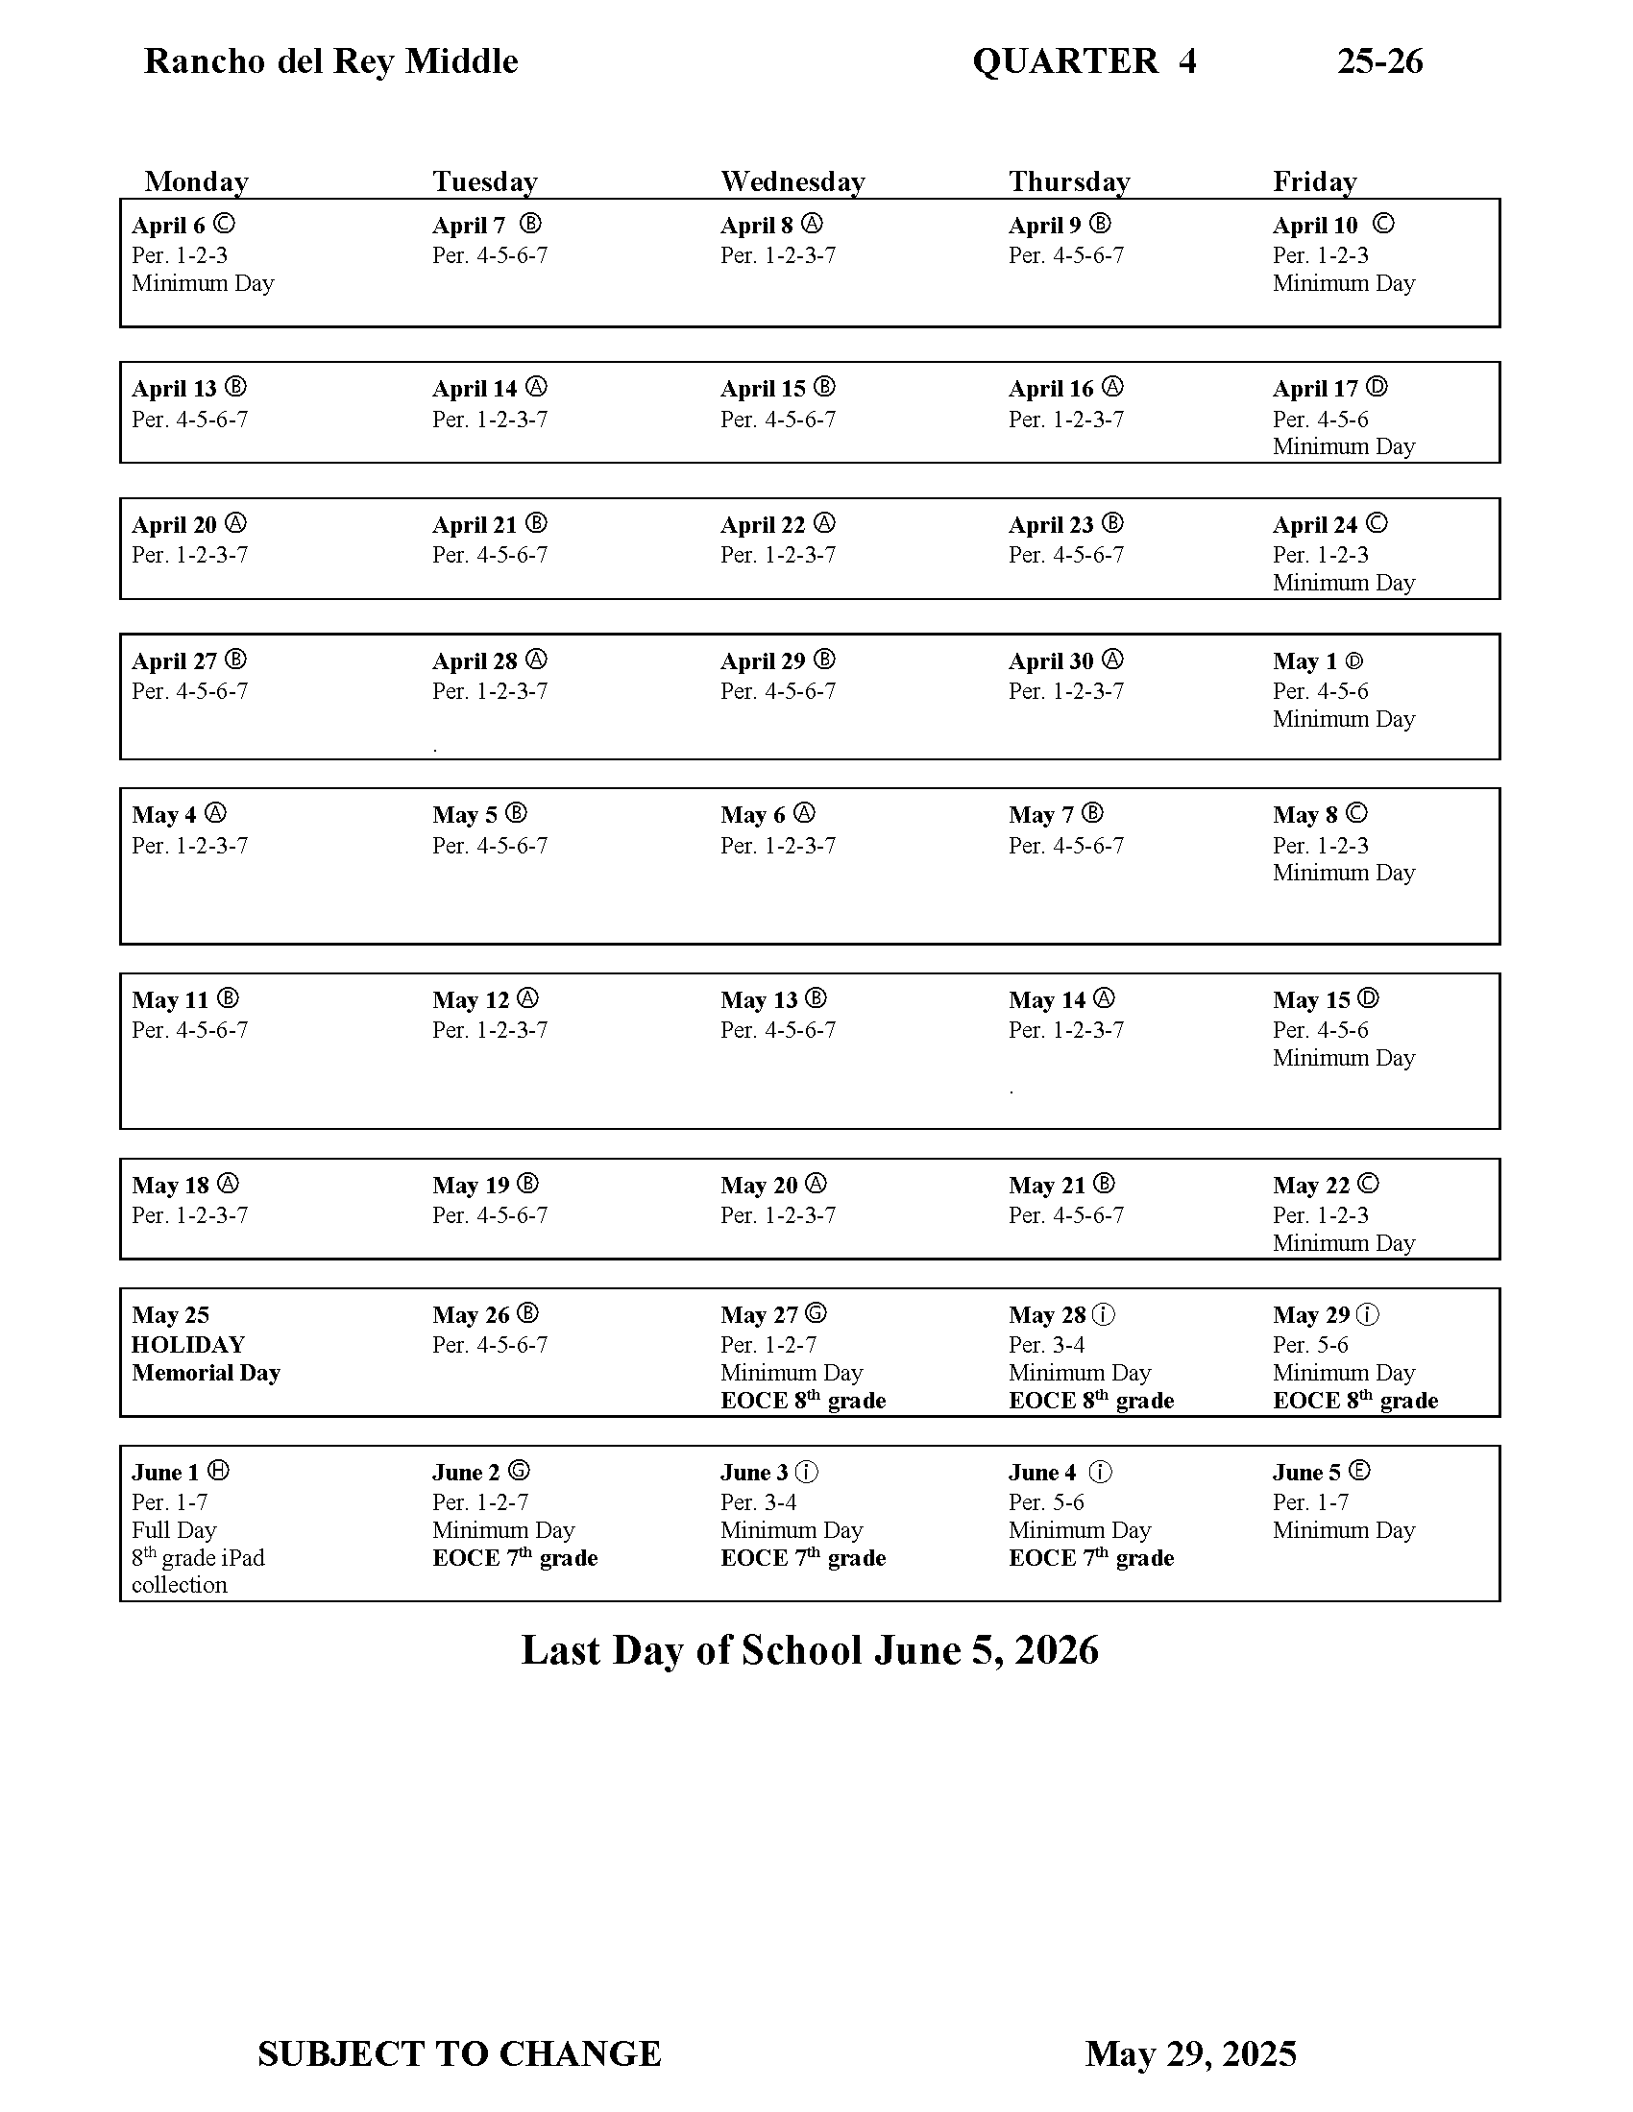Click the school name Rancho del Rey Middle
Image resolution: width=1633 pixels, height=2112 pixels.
pos(330,61)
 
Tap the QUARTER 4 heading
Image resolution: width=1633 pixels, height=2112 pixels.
pos(1084,61)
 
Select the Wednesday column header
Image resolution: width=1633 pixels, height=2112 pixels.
pos(792,181)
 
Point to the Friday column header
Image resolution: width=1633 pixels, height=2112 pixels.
pos(1315,181)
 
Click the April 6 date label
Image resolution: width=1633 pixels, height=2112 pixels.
pos(168,227)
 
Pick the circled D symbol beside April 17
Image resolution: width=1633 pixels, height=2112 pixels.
pos(1377,388)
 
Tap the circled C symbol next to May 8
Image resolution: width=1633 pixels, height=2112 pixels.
pos(1356,813)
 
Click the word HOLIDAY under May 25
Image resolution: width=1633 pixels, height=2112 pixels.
pos(188,1344)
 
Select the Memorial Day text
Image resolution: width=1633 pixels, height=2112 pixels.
pos(207,1372)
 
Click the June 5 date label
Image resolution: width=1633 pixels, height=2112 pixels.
pos(1306,1473)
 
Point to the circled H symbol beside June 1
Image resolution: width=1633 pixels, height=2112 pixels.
pos(220,1471)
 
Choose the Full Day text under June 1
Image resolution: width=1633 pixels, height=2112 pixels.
pos(174,1530)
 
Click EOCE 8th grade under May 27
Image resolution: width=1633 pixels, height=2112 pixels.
pos(803,1401)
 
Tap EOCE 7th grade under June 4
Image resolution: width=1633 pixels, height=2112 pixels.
pos(1090,1558)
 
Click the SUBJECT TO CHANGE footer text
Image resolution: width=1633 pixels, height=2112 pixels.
pos(459,2053)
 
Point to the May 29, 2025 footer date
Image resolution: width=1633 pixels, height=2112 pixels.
pos(1190,2053)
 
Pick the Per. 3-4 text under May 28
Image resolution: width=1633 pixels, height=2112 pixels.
pos(1047,1344)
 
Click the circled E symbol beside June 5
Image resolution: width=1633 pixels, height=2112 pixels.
pos(1359,1471)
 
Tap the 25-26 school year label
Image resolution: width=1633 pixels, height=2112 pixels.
pos(1379,61)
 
